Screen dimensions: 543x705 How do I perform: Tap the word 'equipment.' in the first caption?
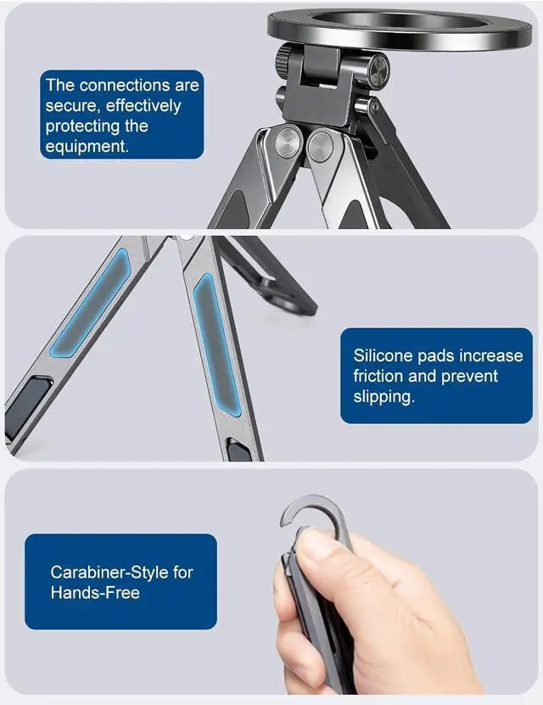pos(87,147)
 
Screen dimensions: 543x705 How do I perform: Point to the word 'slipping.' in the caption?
pos(383,397)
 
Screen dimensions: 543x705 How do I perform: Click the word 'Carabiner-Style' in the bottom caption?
pos(109,573)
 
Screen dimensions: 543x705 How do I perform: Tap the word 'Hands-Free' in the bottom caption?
pos(95,593)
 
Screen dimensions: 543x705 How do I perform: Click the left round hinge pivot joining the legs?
pos(288,142)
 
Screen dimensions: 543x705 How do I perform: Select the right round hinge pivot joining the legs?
pos(321,146)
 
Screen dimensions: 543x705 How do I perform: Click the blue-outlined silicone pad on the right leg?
pos(216,344)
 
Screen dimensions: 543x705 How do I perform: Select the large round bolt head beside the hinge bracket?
pos(378,70)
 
